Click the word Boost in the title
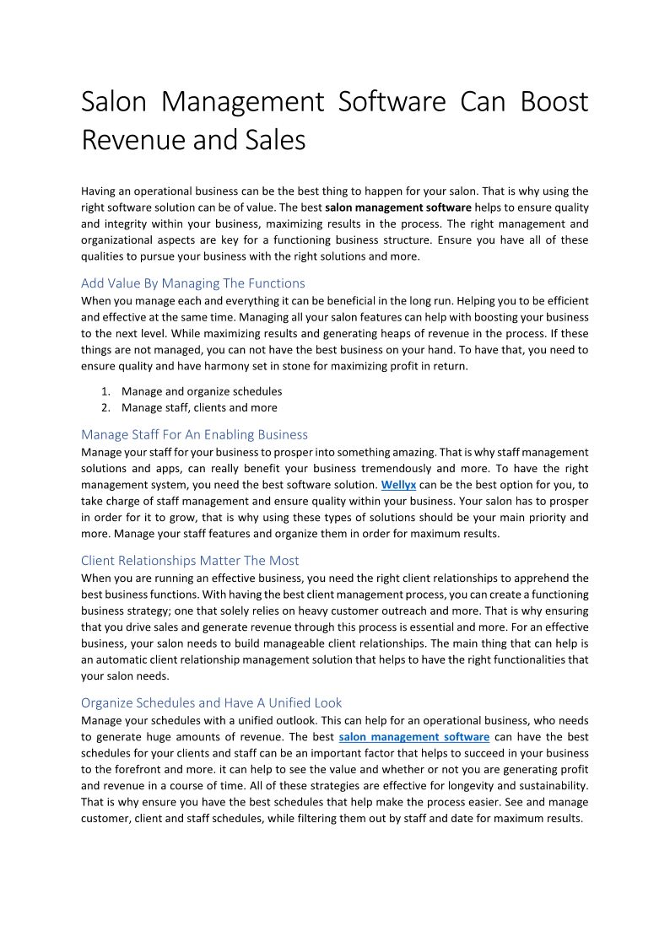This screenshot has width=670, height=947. point(554,102)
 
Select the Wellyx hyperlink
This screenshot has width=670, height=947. point(398,485)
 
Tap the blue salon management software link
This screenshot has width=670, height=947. point(413,737)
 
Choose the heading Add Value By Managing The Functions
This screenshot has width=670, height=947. point(193,283)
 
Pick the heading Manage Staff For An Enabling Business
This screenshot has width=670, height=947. point(194,435)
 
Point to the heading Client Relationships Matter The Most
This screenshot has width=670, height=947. point(190,561)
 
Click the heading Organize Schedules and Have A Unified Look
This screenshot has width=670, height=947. point(211,703)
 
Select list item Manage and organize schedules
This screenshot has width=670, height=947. point(202,391)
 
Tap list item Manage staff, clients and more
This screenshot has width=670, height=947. point(199,408)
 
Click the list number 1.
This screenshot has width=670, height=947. point(105,391)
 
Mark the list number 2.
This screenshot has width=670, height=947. point(105,408)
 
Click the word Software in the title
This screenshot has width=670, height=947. point(392,102)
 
